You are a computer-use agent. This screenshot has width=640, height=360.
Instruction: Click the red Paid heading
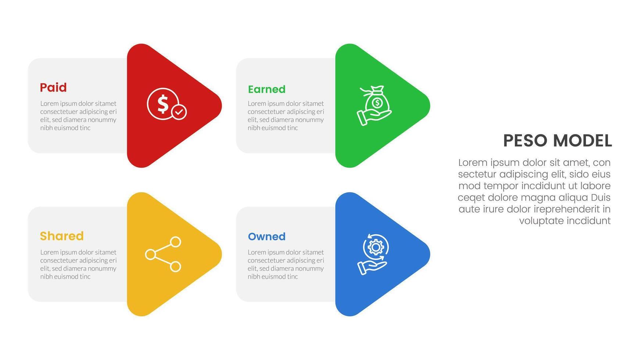[x=53, y=87]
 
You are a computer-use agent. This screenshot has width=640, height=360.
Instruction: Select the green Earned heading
[x=266, y=89]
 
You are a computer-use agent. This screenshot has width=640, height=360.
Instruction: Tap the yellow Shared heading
[x=62, y=236]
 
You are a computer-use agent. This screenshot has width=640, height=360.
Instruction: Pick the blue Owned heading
[x=266, y=237]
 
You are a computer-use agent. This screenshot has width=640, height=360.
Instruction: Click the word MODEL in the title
[x=582, y=141]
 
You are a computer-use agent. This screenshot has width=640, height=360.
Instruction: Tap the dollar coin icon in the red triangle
[x=163, y=104]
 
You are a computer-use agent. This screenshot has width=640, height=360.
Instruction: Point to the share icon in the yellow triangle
[x=163, y=254]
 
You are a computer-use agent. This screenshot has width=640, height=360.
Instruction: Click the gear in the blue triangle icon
[x=375, y=248]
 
